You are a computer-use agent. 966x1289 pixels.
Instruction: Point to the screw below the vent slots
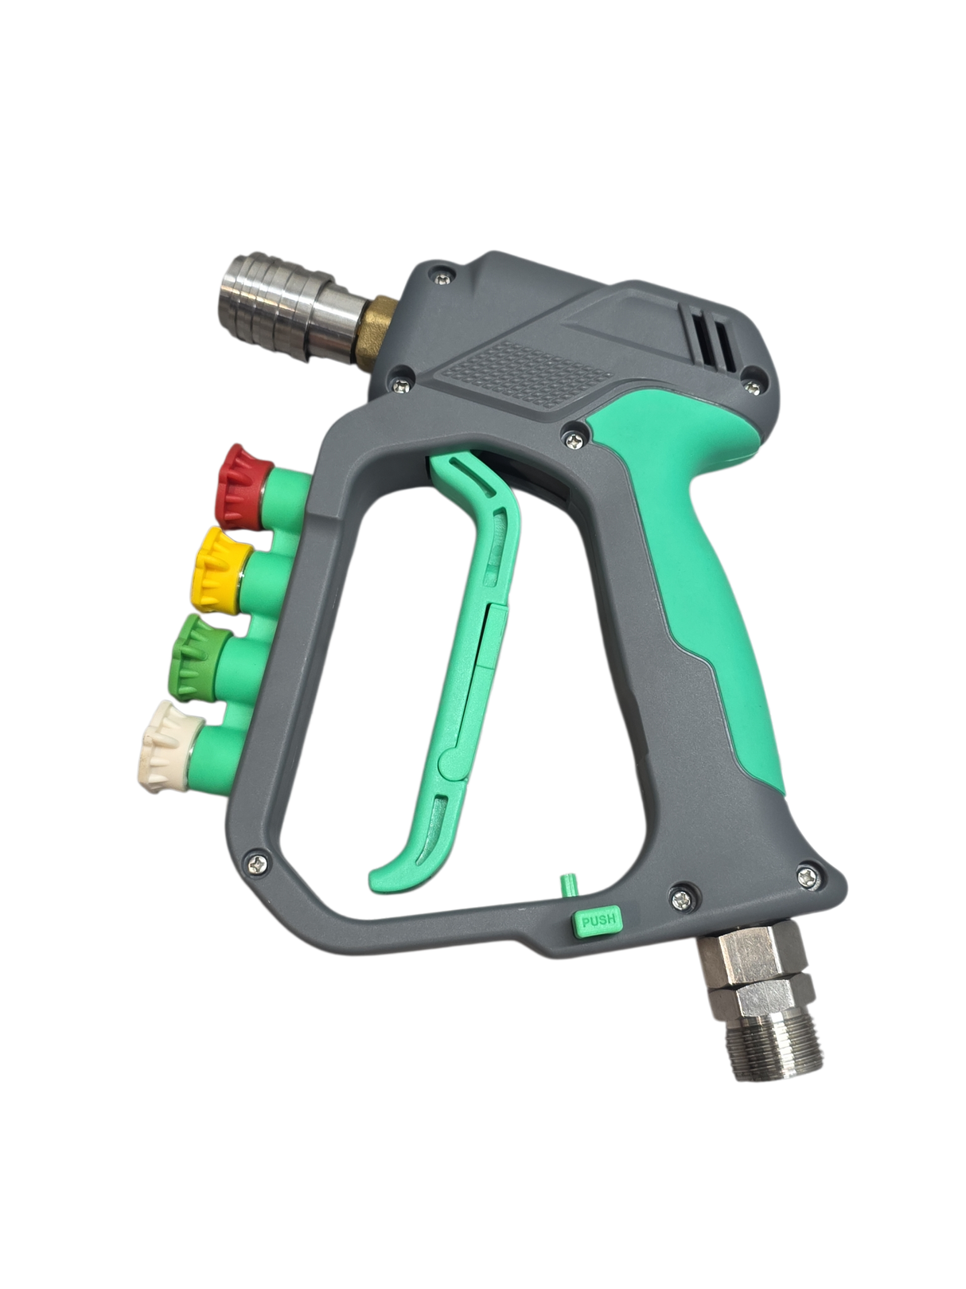(x=750, y=389)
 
